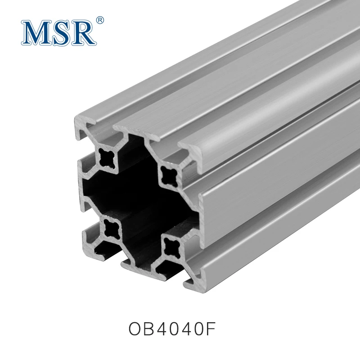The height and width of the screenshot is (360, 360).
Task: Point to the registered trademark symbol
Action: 100,20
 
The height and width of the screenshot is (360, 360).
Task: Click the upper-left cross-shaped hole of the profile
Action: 108,157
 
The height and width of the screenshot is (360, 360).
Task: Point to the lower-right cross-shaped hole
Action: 171,246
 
